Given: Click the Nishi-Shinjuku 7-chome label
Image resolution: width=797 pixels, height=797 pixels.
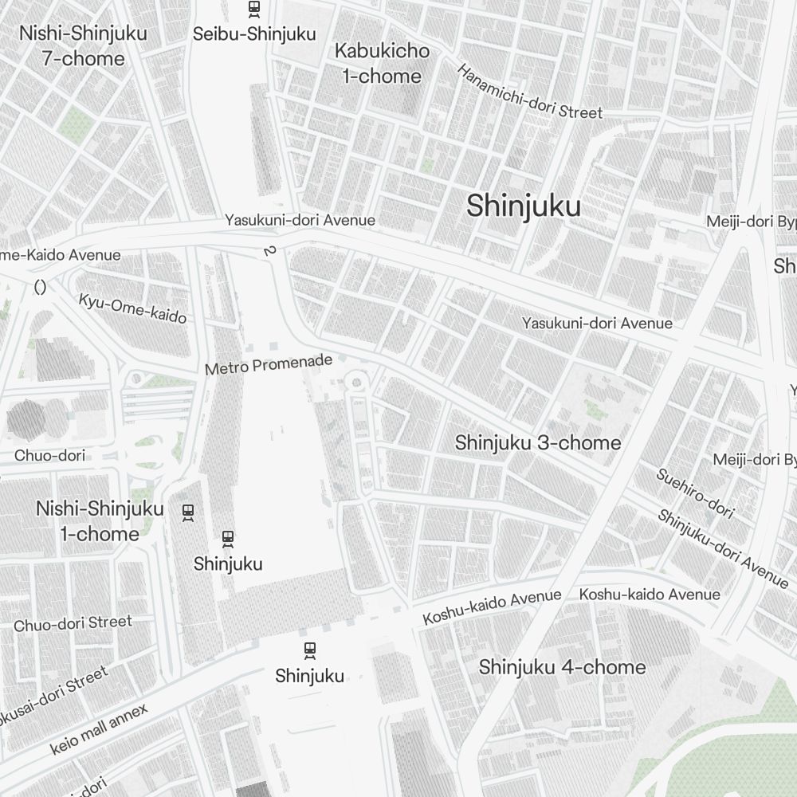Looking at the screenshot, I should pos(73,46).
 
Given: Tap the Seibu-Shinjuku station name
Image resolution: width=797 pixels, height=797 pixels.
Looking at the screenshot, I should pos(254,34).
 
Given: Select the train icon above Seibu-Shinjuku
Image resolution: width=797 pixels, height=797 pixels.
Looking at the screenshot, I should pos(254,9).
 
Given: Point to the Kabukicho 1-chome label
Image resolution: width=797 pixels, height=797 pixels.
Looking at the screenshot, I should pos(382,64).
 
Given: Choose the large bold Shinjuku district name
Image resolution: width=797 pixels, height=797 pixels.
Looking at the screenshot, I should pos(524,206).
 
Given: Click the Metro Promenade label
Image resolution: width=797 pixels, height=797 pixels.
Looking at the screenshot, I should pos(268,365).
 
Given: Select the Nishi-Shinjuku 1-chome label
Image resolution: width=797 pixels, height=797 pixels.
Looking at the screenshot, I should pos(100,521).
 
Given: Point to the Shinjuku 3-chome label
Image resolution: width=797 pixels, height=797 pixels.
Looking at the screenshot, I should pos(537,443).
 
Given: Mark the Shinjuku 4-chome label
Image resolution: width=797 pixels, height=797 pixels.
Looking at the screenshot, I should pos(562,667).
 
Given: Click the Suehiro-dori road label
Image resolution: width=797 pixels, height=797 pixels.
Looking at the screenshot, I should pos(694,493).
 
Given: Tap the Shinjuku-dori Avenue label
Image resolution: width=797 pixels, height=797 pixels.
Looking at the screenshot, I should pos(722,548).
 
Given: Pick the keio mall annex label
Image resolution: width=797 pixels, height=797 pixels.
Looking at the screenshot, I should pos(99,729).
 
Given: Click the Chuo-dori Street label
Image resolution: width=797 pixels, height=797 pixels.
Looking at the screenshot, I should pos(73,622).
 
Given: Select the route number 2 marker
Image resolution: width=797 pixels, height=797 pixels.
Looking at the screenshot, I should pos(269,251).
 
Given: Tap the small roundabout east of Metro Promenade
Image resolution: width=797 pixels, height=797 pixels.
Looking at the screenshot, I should pos(356,383).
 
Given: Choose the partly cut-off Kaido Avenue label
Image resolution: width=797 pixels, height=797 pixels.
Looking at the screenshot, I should pos(61,255).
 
